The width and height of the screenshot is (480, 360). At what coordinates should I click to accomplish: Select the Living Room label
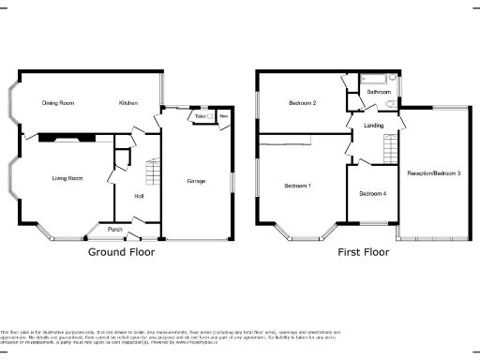point(67,177)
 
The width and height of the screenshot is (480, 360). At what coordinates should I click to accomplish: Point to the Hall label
point(139,196)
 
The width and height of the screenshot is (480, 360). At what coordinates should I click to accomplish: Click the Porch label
point(114,230)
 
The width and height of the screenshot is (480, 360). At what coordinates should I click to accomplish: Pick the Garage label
point(196,180)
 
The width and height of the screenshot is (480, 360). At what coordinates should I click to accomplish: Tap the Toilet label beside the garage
point(201,116)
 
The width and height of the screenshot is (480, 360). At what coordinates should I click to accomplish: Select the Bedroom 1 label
point(298,186)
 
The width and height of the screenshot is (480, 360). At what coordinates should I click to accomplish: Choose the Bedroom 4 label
point(371,193)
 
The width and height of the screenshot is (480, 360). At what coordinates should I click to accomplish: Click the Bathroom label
point(379,92)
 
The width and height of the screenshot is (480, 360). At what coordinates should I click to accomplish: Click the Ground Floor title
point(121,251)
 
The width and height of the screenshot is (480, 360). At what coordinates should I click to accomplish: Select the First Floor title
point(363,251)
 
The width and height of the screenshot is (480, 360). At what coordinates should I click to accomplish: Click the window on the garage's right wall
point(232,181)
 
